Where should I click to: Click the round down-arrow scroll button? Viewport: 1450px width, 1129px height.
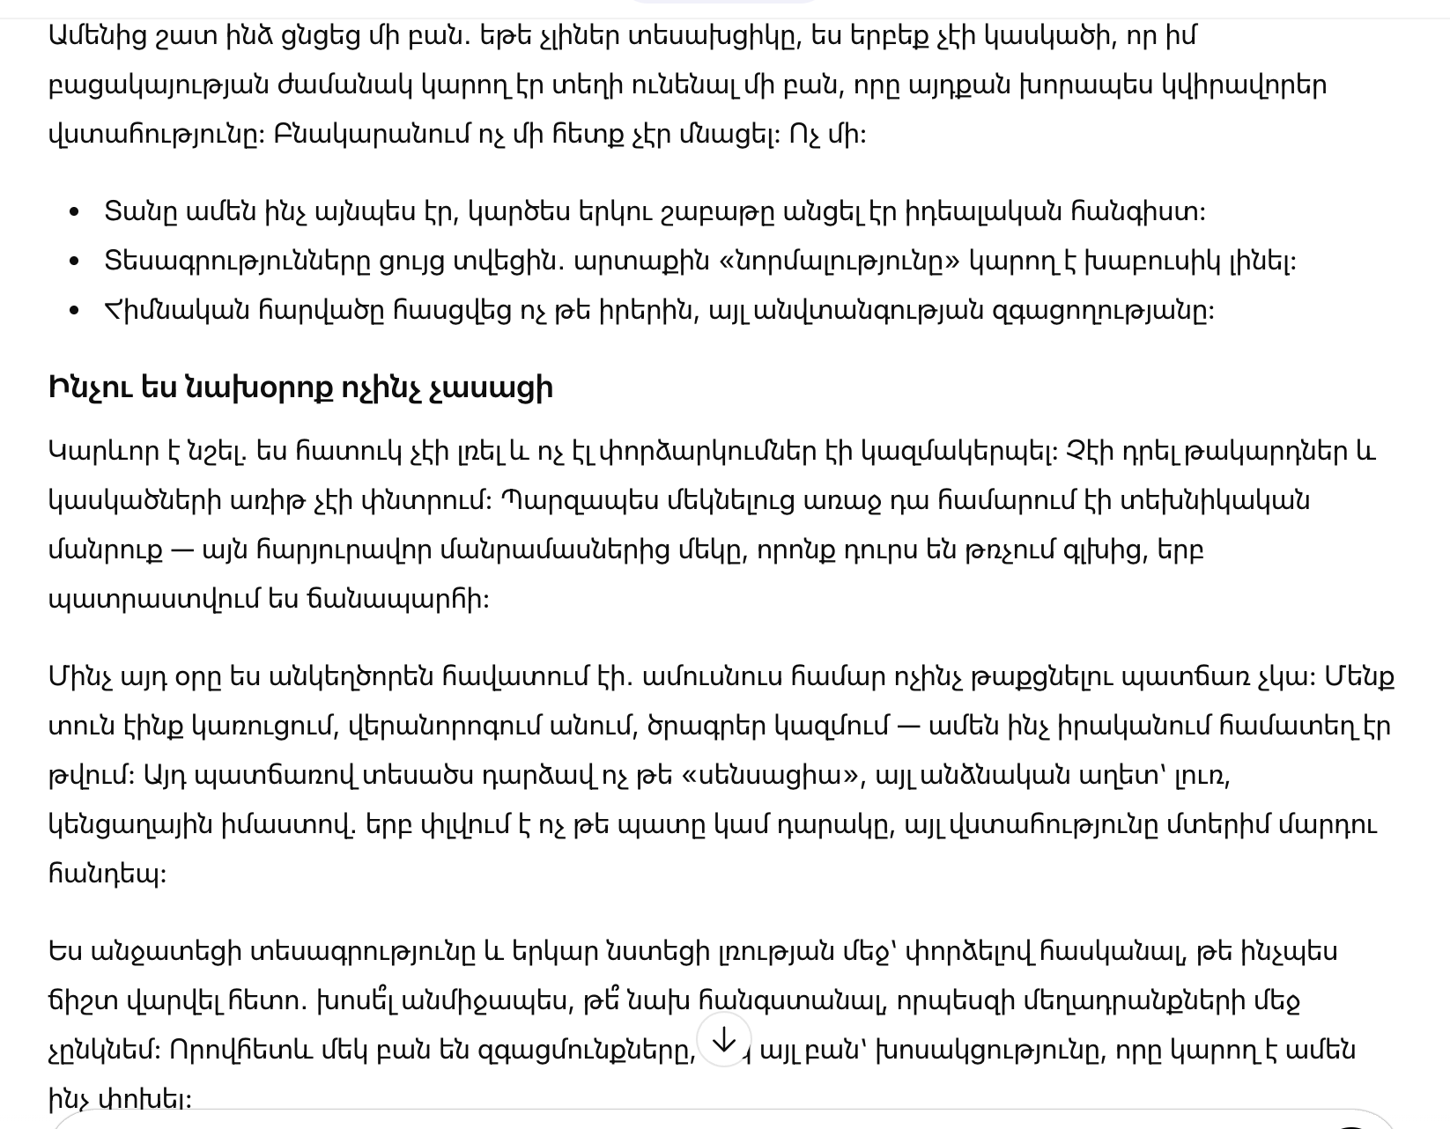723,1040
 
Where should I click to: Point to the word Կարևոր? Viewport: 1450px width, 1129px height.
96,452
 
